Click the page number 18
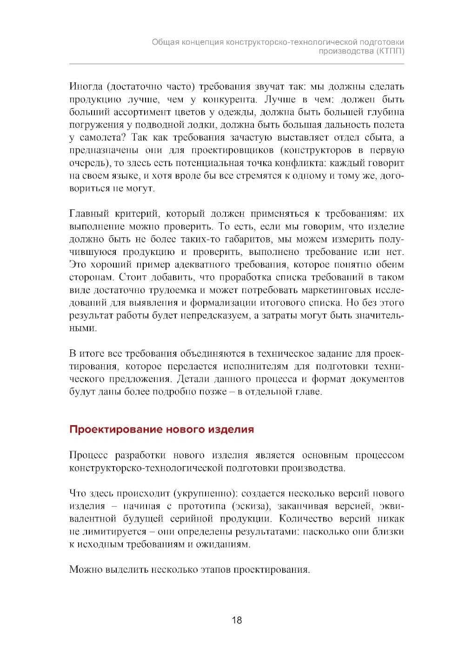[x=237, y=620]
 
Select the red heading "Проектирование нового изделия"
[x=161, y=429]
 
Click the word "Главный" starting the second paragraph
[x=89, y=214]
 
